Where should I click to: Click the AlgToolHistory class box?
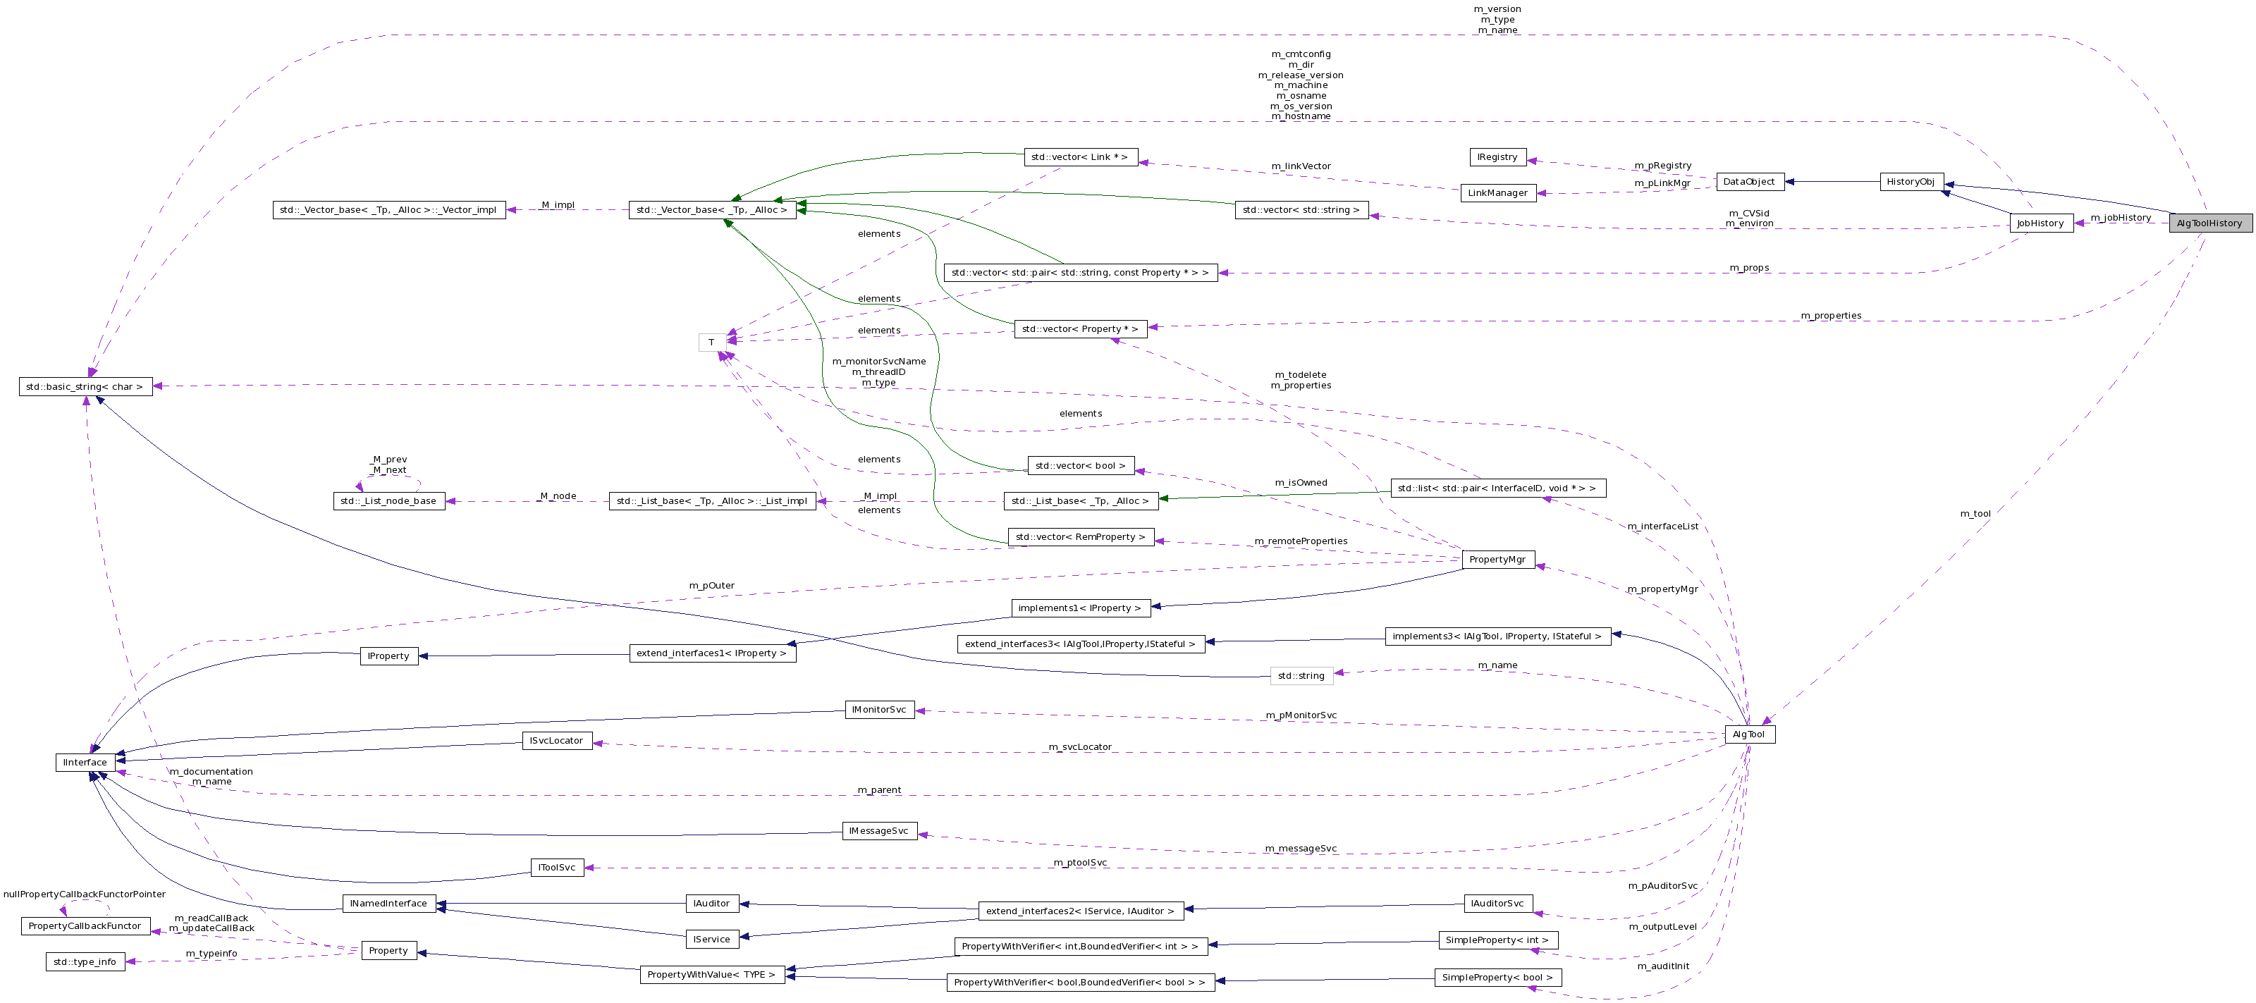2209,223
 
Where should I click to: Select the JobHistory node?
2040,223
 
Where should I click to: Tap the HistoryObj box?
1911,182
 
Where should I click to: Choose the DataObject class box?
1749,182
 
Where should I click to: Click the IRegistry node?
1497,158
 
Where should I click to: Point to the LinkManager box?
1497,193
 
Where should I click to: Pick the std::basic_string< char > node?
85,387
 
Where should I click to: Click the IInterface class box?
85,763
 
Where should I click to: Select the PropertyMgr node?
1497,559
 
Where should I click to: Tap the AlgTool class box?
1749,734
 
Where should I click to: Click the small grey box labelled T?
712,343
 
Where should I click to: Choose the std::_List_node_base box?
389,502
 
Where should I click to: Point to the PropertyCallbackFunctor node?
85,926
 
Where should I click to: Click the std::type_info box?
85,962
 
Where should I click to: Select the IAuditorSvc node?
1497,903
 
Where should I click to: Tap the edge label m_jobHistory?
2120,218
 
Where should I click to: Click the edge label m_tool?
1975,514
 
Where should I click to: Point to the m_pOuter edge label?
712,586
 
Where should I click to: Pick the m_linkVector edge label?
1301,166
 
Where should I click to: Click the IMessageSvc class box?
878,830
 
